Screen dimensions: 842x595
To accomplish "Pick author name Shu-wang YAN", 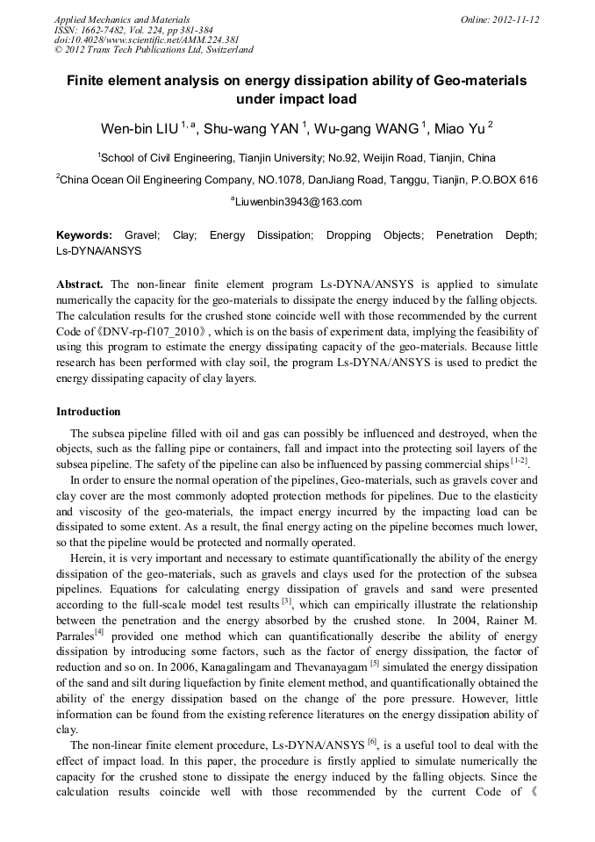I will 252,129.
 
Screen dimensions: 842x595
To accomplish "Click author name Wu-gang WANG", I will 368,129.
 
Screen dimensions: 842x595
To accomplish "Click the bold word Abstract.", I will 80,284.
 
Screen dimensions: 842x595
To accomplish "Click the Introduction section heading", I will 89,411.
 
